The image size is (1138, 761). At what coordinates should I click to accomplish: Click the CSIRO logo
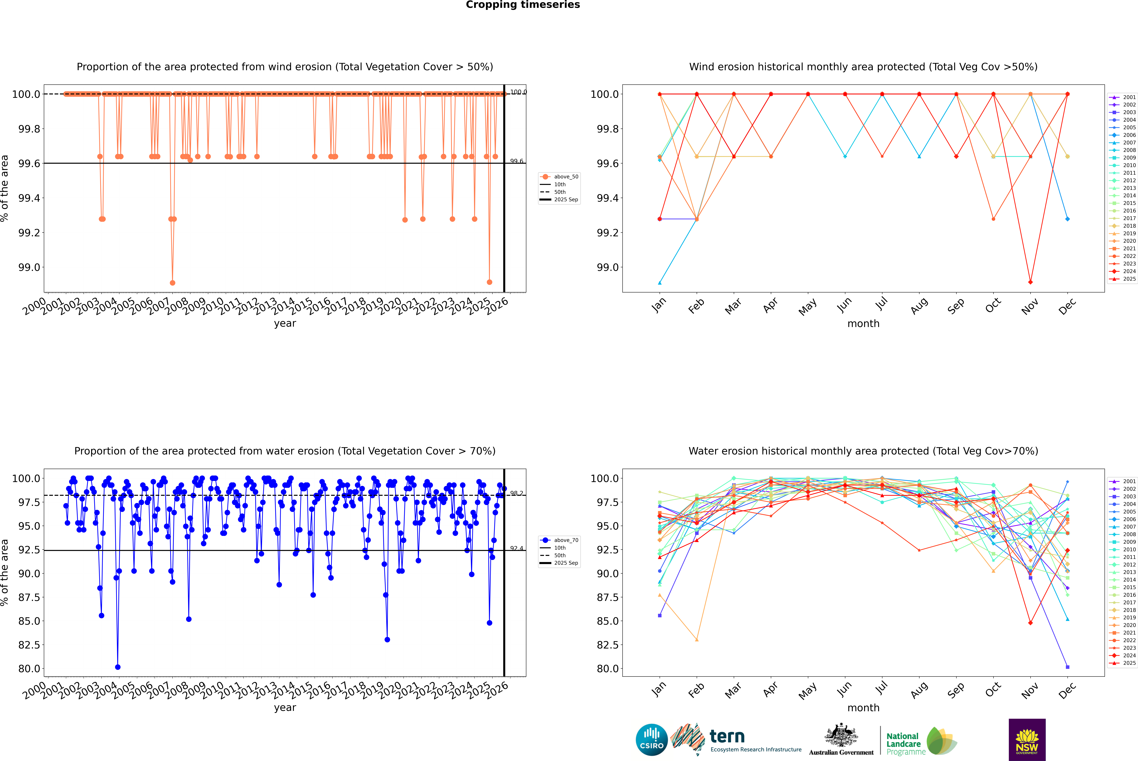tap(652, 740)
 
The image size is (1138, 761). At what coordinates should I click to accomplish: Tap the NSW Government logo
tap(1027, 740)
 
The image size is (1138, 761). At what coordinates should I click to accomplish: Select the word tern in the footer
tap(727, 736)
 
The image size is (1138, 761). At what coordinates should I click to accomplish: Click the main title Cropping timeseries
tap(522, 5)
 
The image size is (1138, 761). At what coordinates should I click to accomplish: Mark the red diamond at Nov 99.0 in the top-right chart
tap(1030, 282)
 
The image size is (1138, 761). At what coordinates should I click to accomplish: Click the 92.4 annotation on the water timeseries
tap(517, 548)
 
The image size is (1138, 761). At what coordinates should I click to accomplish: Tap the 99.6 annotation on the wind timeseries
tap(517, 161)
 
